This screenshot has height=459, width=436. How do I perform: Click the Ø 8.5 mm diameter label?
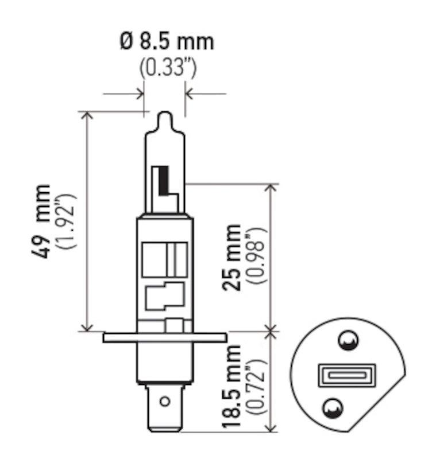click(x=166, y=42)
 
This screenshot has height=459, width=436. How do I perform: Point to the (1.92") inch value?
click(x=68, y=221)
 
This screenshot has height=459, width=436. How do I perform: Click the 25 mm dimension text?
click(x=233, y=258)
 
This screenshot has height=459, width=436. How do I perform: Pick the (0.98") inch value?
click(x=255, y=258)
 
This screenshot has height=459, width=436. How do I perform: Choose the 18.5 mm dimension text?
click(x=233, y=387)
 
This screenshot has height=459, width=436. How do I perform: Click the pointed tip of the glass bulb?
click(x=164, y=115)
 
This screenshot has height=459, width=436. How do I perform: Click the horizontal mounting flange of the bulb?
click(x=164, y=337)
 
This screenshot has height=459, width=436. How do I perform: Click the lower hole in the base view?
click(x=331, y=408)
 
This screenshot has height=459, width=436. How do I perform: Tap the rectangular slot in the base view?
click(x=346, y=376)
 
